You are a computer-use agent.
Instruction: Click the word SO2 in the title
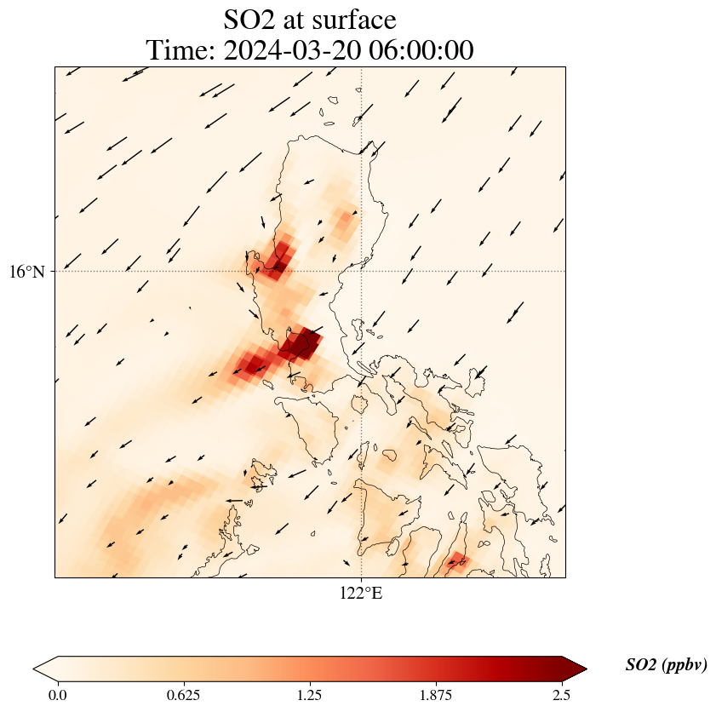pyautogui.click(x=250, y=20)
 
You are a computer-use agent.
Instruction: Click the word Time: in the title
pyautogui.click(x=180, y=50)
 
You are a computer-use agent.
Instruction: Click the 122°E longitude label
pyautogui.click(x=361, y=594)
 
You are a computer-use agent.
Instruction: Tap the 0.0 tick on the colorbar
pyautogui.click(x=58, y=694)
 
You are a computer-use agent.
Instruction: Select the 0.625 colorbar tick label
pyautogui.click(x=184, y=694)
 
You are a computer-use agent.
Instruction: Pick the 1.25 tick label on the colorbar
pyautogui.click(x=310, y=694)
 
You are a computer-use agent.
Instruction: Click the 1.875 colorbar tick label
pyautogui.click(x=436, y=694)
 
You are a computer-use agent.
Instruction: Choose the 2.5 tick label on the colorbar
pyautogui.click(x=562, y=694)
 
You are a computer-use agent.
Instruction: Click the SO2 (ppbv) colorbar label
pyautogui.click(x=666, y=665)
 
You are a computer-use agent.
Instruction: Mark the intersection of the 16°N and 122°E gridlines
pyautogui.click(x=362, y=272)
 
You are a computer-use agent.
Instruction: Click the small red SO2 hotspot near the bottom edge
pyautogui.click(x=457, y=560)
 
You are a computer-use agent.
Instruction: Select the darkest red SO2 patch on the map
pyautogui.click(x=301, y=344)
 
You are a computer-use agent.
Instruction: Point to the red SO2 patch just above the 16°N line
pyautogui.click(x=278, y=260)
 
